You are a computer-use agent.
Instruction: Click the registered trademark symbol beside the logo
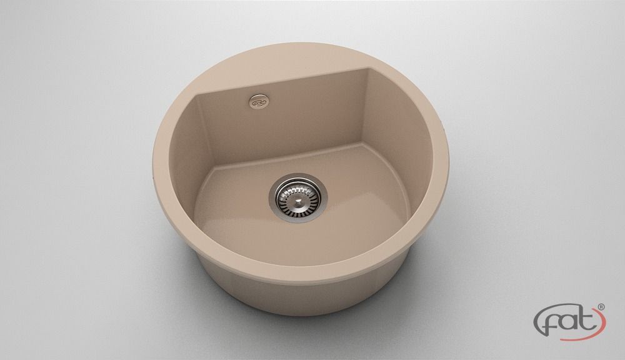pos(601,307)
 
